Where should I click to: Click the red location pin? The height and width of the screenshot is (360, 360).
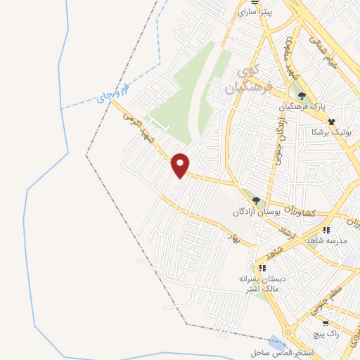[181, 165]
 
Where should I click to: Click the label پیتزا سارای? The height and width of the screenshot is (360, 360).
[254, 12]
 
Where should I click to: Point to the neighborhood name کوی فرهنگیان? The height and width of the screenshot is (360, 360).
[242, 79]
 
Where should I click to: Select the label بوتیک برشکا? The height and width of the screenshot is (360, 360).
[333, 131]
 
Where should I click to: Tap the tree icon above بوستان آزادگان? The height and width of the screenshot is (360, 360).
[256, 200]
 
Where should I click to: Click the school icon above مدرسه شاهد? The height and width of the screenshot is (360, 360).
[324, 230]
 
